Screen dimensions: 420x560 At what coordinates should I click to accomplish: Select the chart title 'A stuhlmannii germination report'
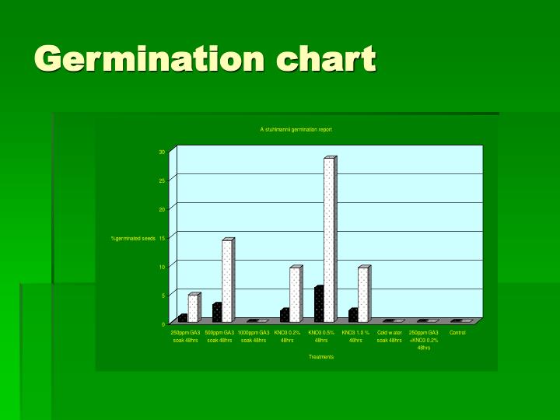(296, 129)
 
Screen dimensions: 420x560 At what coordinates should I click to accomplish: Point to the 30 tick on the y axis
(162, 152)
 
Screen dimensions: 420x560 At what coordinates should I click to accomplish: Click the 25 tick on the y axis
(162, 180)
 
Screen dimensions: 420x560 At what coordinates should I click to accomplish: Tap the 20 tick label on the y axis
(162, 209)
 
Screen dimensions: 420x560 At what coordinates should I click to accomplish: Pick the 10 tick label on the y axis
(162, 267)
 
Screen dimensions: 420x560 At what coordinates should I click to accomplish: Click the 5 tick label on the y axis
(163, 296)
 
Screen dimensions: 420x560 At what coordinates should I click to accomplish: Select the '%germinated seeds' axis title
(133, 238)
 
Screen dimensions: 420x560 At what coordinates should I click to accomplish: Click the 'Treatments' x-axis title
(321, 357)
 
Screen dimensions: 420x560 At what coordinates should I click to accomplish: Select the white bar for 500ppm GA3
(226, 281)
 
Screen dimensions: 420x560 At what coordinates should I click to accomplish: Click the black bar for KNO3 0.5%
(319, 305)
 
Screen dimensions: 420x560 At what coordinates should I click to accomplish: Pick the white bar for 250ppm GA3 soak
(192, 308)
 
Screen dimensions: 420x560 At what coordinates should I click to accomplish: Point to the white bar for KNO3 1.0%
(362, 295)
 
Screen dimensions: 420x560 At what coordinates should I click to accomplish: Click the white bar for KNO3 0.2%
(295, 295)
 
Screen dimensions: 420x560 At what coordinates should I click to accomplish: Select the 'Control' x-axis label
(457, 333)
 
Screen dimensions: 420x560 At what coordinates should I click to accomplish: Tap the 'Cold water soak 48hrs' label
(389, 337)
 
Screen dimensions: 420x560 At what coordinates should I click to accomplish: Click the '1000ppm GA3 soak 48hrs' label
(254, 337)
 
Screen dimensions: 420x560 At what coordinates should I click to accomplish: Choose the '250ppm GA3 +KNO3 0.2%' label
(423, 340)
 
